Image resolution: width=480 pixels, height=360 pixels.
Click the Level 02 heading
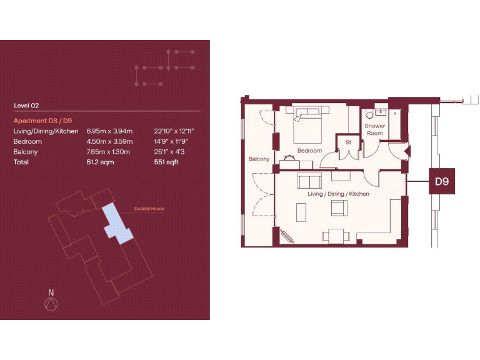pyautogui.click(x=26, y=106)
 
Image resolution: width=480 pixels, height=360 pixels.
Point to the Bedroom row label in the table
pyautogui.click(x=27, y=141)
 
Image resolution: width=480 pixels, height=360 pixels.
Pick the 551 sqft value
pyautogui.click(x=165, y=162)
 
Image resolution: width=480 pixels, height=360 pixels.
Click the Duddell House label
pyautogui.click(x=149, y=209)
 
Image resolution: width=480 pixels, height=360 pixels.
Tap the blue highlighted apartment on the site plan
pyautogui.click(x=117, y=224)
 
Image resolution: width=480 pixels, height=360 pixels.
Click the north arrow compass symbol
pyautogui.click(x=51, y=303)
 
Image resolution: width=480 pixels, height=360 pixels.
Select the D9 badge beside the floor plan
pyautogui.click(x=442, y=183)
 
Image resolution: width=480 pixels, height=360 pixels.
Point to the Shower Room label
pyautogui.click(x=374, y=129)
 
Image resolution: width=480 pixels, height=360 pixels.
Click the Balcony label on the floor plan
pyautogui.click(x=259, y=159)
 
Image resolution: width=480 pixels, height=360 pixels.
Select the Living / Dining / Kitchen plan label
pyautogui.click(x=338, y=194)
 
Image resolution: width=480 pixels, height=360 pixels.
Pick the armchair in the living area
pyautogui.click(x=339, y=209)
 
